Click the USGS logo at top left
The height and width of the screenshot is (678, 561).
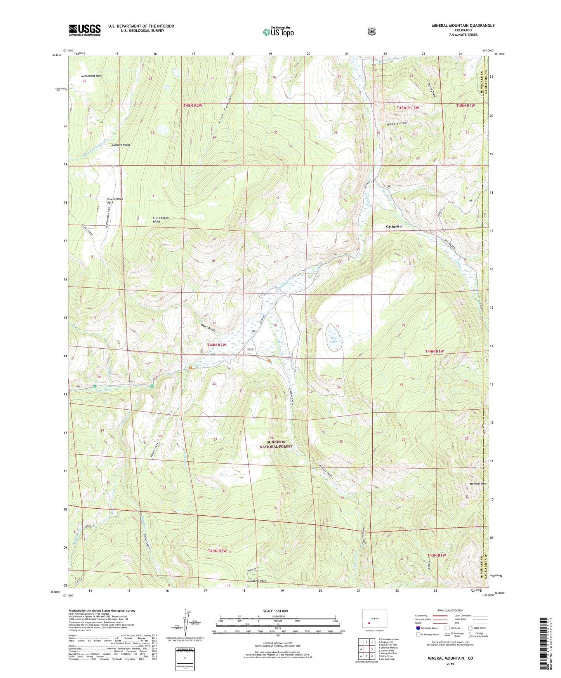[x=85, y=30]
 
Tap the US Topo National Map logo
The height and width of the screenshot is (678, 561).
[x=278, y=32]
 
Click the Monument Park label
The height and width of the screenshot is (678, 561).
[x=91, y=76]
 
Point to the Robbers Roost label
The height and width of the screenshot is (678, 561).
[x=120, y=144]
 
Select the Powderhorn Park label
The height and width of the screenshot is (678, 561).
[x=115, y=201]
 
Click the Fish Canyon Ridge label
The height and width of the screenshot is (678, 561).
[x=160, y=219]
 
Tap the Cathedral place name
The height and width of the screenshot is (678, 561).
[x=394, y=226]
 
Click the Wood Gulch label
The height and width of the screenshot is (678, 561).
[x=208, y=327]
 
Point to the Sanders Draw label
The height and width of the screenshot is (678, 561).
[x=397, y=123]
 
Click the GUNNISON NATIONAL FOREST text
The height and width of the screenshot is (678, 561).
[x=276, y=444]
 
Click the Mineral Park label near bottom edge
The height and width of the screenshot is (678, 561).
[x=257, y=581]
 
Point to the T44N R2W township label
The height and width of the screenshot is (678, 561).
[x=216, y=345]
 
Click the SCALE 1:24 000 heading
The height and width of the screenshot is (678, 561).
[x=275, y=611]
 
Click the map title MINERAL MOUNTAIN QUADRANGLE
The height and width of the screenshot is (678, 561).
[x=463, y=26]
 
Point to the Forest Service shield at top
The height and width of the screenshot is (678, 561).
[x=372, y=31]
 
